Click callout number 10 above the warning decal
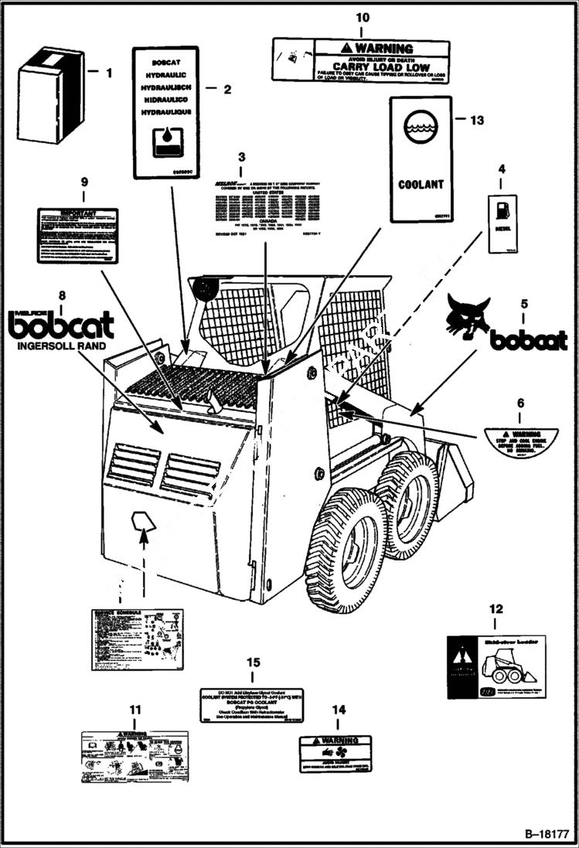(362, 17)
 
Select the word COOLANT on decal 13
(421, 185)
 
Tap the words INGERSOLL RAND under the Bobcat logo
(61, 346)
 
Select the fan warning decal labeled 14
(335, 754)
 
